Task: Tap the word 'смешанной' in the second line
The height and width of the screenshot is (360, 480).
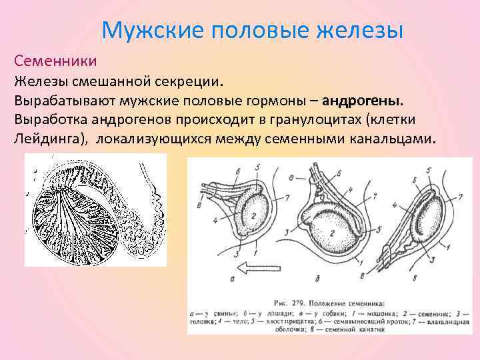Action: [109, 81]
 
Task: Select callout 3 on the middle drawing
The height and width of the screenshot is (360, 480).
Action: [285, 231]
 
